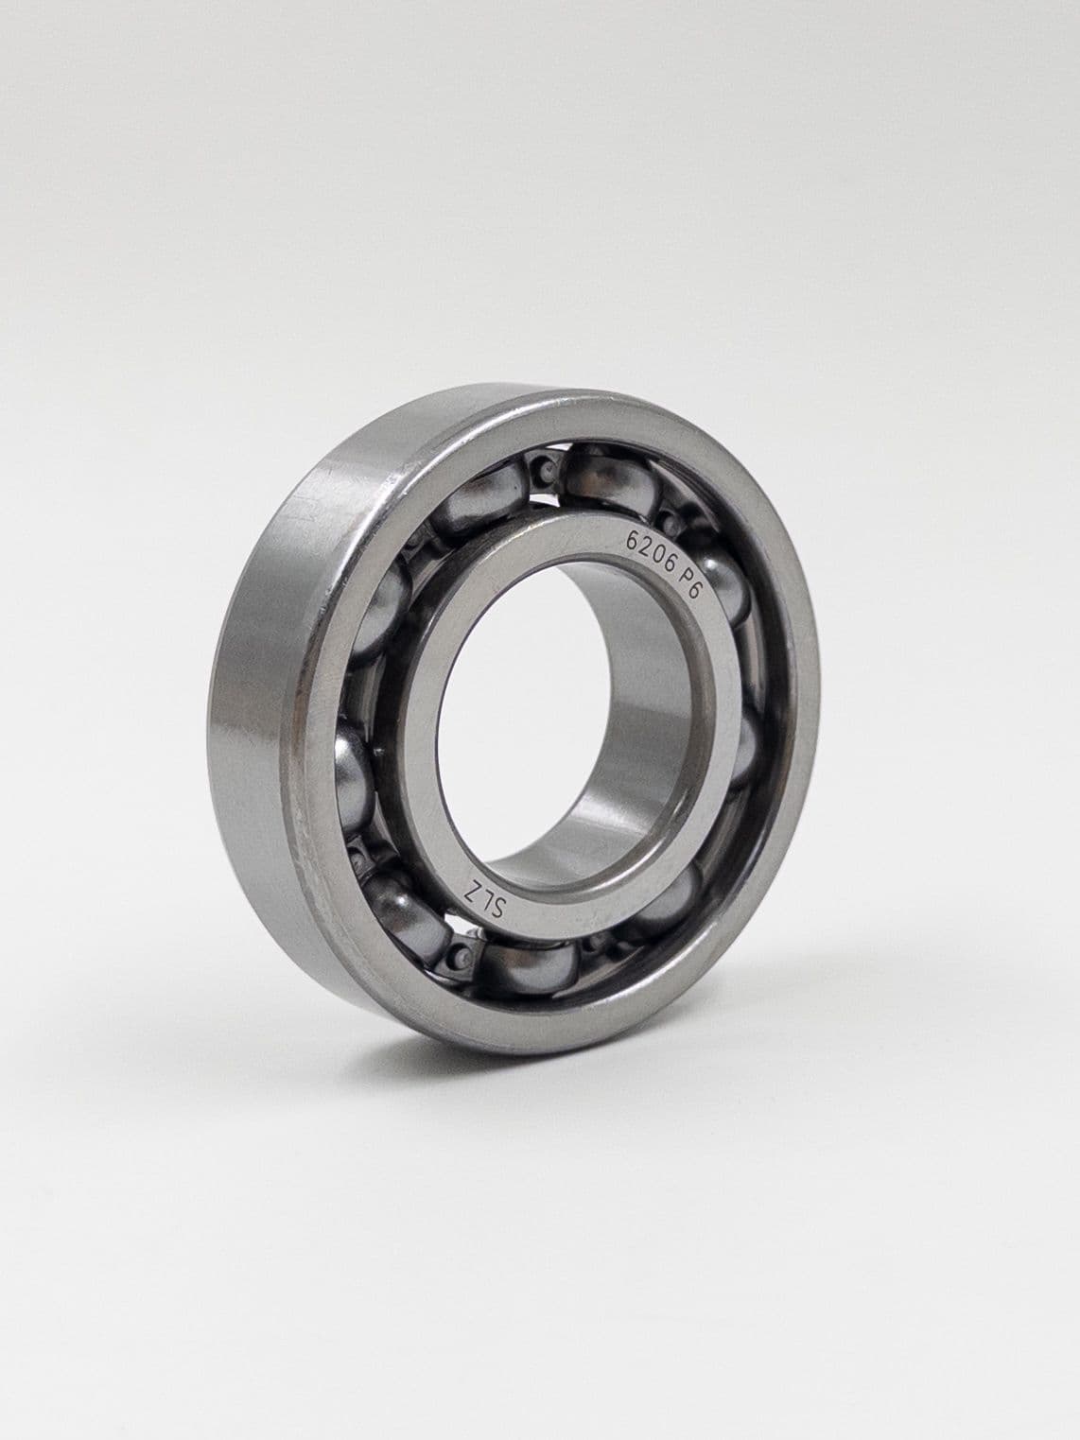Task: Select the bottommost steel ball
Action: [x=529, y=970]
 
